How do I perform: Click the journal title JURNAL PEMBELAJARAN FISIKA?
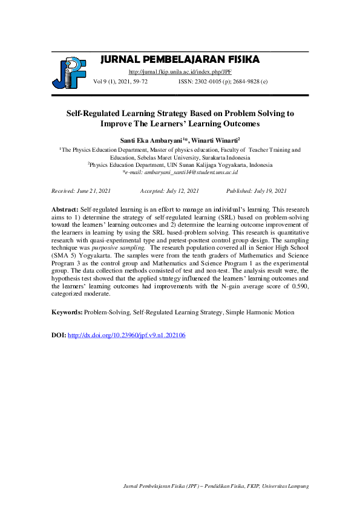180,59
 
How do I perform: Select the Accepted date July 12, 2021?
169,191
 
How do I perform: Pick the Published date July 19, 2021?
256,191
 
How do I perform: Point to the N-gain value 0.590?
298,287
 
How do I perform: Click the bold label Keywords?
67,313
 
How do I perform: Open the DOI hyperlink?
126,334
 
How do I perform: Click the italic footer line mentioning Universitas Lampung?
216,486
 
